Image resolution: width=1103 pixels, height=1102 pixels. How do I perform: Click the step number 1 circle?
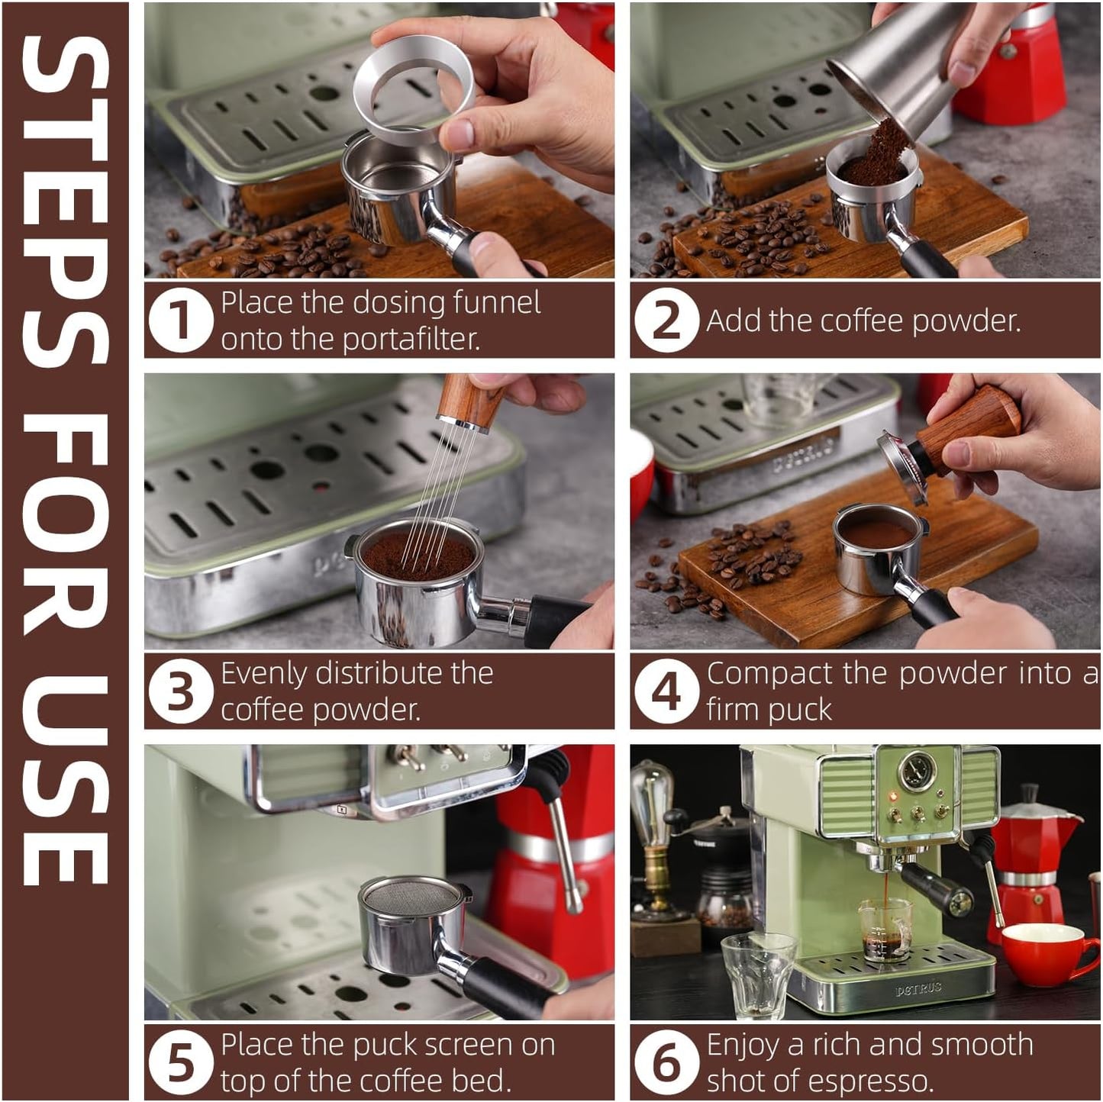click(179, 320)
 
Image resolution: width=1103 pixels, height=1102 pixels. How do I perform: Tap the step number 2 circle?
click(666, 320)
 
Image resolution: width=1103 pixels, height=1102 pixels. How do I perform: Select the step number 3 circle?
click(179, 691)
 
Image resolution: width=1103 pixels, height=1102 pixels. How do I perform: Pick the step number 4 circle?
click(666, 691)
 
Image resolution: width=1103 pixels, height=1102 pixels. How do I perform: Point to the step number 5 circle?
click(179, 1062)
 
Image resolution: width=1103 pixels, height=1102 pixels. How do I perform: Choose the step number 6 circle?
click(666, 1062)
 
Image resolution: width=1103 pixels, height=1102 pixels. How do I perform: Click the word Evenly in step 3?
click(264, 673)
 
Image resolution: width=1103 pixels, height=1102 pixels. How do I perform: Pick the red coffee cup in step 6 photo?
click(1046, 954)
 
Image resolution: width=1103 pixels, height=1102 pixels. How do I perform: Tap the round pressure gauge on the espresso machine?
click(915, 772)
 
